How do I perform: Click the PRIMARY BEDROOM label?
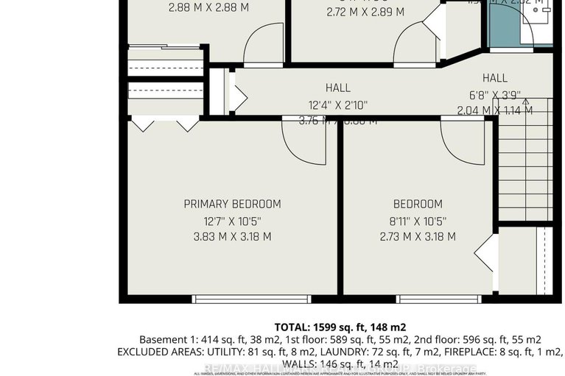tap(232, 204)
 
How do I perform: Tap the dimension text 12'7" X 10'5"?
tap(232, 221)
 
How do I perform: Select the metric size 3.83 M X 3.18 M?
tap(232, 237)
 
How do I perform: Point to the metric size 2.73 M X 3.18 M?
tap(418, 237)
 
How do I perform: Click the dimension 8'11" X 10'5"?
tap(418, 221)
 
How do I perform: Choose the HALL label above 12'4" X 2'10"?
tap(337, 88)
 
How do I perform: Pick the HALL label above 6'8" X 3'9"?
tap(495, 78)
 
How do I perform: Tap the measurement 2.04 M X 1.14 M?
tap(495, 110)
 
